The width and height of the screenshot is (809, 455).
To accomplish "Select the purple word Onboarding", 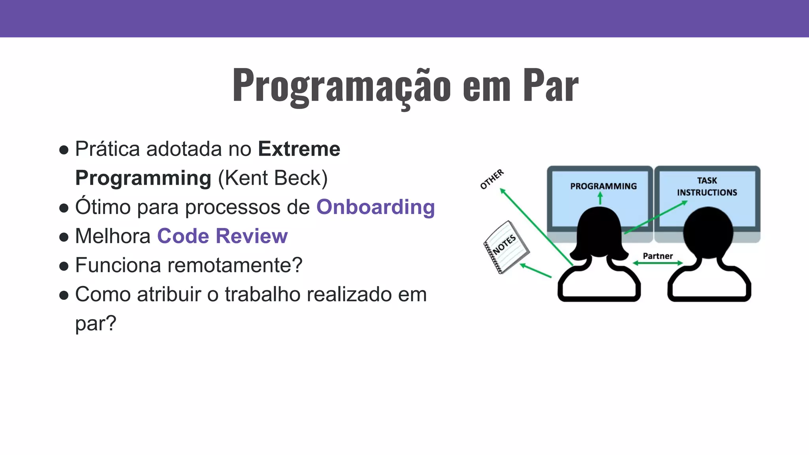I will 375,207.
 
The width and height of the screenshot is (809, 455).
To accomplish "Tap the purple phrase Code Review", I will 222,236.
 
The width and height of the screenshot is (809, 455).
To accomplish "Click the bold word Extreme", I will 299,149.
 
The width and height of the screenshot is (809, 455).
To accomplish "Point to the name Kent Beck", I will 273,178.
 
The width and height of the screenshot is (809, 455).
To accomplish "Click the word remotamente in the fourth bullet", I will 230,265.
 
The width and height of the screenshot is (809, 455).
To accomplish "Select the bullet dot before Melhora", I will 64,237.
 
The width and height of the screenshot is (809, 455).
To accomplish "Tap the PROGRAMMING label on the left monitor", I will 603,186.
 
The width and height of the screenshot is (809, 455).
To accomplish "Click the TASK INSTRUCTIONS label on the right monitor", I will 707,186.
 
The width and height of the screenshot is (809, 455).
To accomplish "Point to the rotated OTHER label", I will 492,179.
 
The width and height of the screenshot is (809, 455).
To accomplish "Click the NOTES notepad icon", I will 506,247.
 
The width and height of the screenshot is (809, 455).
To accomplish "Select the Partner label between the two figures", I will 657,256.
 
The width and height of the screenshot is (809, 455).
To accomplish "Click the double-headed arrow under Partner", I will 658,263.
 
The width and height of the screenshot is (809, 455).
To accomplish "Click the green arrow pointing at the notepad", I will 535,271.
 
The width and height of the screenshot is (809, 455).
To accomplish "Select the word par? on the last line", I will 96,323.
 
